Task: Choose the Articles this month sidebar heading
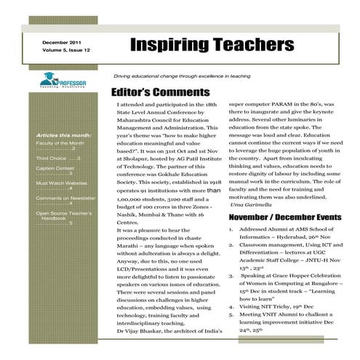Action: coord(63,136)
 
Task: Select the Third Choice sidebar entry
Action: coord(57,158)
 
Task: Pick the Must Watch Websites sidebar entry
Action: coord(63,183)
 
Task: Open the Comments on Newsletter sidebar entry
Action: coord(66,197)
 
